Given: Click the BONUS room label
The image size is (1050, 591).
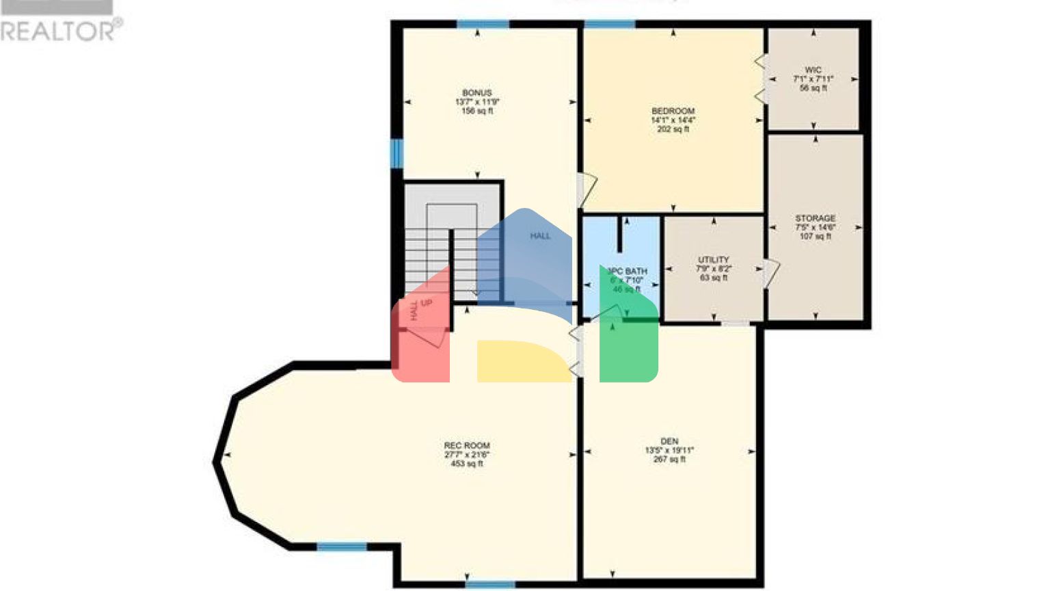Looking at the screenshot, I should tap(476, 93).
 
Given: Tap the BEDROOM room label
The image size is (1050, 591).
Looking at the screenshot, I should tap(673, 111).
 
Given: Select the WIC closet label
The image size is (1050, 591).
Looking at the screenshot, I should tap(813, 70).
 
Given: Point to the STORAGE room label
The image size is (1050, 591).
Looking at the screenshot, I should tap(815, 218).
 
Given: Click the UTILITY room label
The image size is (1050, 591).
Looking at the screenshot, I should tap(713, 260).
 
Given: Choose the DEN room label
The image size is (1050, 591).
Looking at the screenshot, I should tap(669, 441).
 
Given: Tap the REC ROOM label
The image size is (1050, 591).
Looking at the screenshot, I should tap(467, 445).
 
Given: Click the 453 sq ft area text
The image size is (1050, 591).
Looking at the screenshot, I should tap(467, 464).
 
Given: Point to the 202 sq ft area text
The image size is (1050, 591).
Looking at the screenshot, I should tap(673, 129).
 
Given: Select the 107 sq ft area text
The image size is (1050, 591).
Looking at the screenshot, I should tap(815, 237).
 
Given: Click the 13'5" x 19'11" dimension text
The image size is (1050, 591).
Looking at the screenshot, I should tap(669, 451).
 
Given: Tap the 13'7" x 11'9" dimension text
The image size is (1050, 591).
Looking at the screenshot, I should tap(476, 102).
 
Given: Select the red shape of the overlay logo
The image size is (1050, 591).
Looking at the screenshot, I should tap(420, 335).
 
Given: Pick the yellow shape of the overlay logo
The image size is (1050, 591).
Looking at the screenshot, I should tap(523, 360).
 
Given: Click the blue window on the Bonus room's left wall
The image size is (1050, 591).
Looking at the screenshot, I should tap(396, 153).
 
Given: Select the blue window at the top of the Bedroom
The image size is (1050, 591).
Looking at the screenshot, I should tap(609, 25).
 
